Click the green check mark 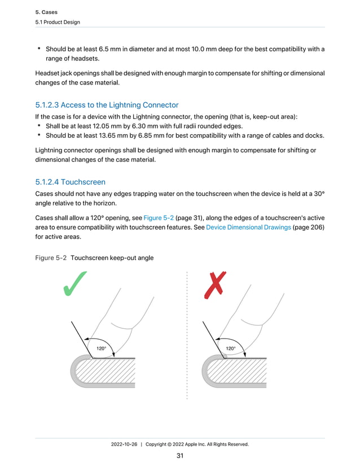[x=74, y=284]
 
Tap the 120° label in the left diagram [x=101, y=349]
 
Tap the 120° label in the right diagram [x=231, y=349]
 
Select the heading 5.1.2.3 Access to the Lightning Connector [x=107, y=105]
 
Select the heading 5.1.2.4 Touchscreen [x=70, y=182]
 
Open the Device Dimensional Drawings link [x=248, y=227]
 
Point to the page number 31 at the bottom [x=180, y=456]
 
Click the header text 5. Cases [x=47, y=11]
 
